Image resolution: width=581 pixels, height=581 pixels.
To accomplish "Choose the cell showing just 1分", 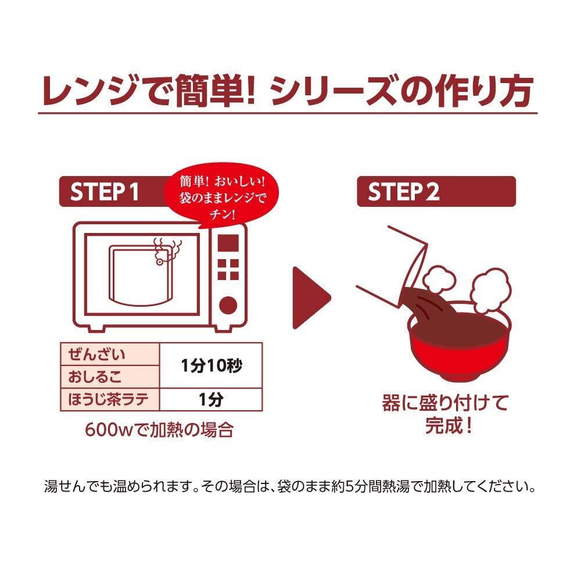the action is [211, 400].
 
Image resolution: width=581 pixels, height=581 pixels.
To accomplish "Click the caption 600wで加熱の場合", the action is [159, 431].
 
